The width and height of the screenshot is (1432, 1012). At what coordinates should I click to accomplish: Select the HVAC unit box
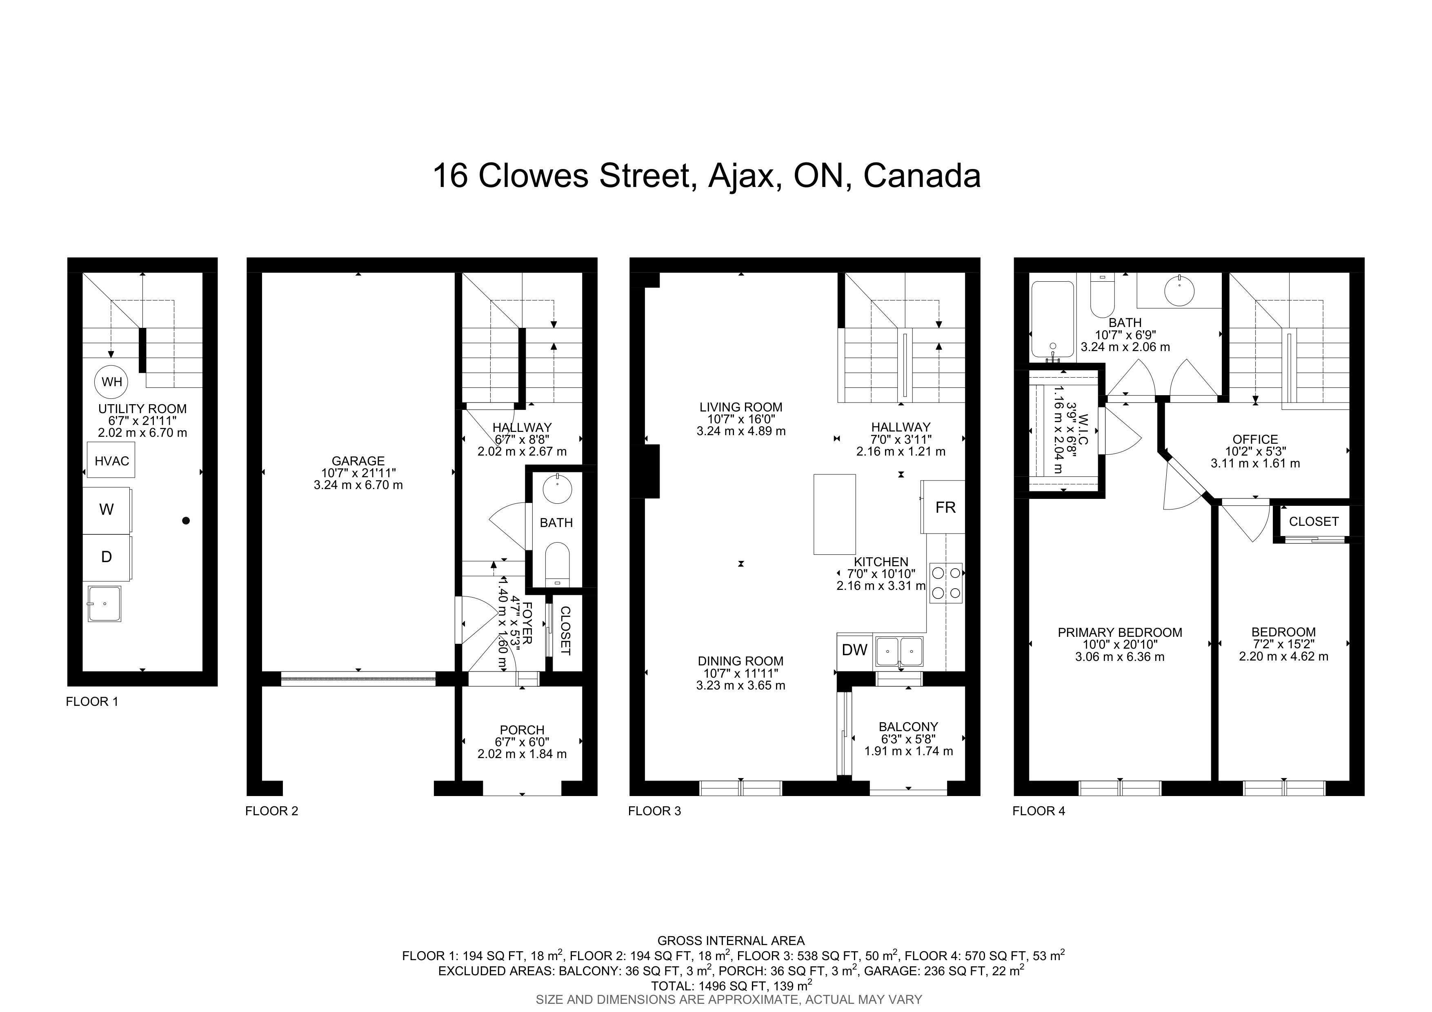pyautogui.click(x=111, y=460)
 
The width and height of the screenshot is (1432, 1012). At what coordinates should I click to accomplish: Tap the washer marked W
pyautogui.click(x=107, y=510)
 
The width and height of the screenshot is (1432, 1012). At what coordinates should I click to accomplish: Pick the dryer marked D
pyautogui.click(x=107, y=557)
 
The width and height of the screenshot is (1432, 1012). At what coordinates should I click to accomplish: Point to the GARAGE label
pyautogui.click(x=358, y=461)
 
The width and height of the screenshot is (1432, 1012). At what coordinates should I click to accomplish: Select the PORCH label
pyautogui.click(x=522, y=730)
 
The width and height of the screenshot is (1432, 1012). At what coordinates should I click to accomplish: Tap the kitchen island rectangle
pyautogui.click(x=834, y=514)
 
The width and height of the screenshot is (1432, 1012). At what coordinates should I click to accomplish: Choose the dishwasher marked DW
pyautogui.click(x=854, y=650)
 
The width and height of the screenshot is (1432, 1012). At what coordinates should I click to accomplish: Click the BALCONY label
pyautogui.click(x=908, y=726)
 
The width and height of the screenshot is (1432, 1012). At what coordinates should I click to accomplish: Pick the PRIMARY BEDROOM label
pyautogui.click(x=1120, y=632)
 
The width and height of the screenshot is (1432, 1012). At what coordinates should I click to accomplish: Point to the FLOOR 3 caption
pyautogui.click(x=654, y=811)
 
